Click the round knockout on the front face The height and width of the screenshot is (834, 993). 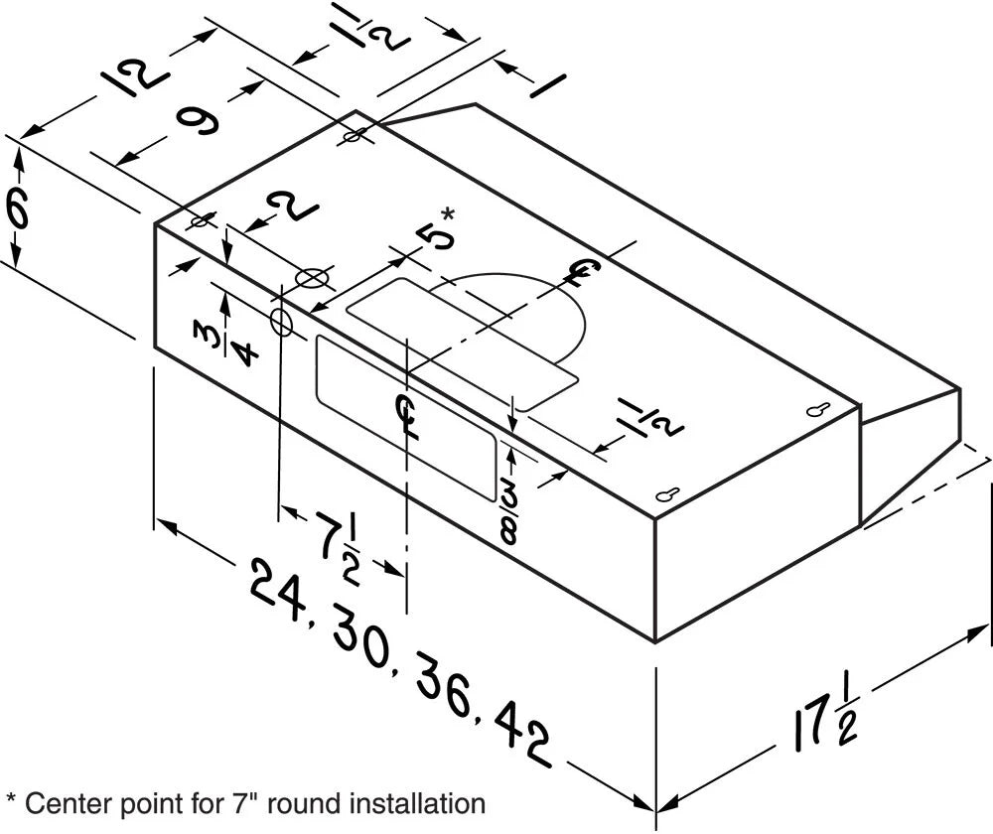click(x=281, y=321)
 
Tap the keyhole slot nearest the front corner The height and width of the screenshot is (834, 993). click(x=667, y=495)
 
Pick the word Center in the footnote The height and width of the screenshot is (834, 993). click(x=57, y=802)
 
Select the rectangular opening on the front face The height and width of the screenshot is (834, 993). click(x=404, y=416)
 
